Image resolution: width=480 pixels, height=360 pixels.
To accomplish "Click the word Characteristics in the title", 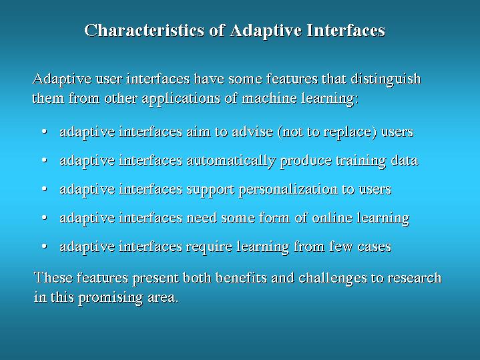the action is [x=144, y=30].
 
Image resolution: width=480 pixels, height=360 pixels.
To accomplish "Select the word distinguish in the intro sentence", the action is [x=386, y=79].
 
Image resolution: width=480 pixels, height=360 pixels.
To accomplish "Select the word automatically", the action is [x=231, y=161].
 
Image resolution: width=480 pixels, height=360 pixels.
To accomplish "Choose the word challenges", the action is [x=332, y=279].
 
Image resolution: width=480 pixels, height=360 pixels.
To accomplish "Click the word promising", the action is [x=110, y=297].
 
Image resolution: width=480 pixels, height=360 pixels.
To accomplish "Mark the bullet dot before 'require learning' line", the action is [x=44, y=246].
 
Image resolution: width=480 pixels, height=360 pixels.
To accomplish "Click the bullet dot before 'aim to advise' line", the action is [x=44, y=132].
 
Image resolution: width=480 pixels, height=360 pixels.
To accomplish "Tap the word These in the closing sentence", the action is [x=53, y=278].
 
